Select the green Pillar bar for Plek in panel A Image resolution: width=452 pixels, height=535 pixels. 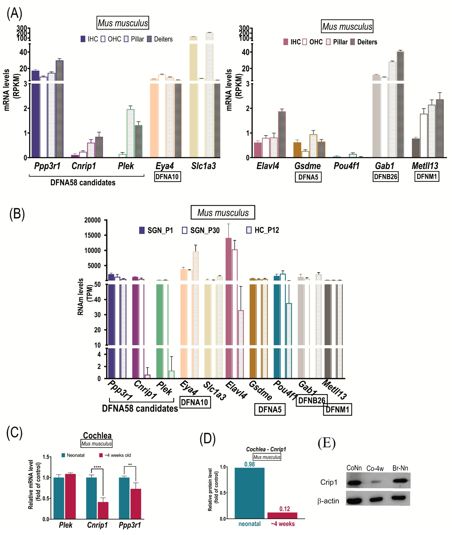130,133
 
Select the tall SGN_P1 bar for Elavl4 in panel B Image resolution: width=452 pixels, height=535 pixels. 228,307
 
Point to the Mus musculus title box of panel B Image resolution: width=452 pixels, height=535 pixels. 223,212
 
